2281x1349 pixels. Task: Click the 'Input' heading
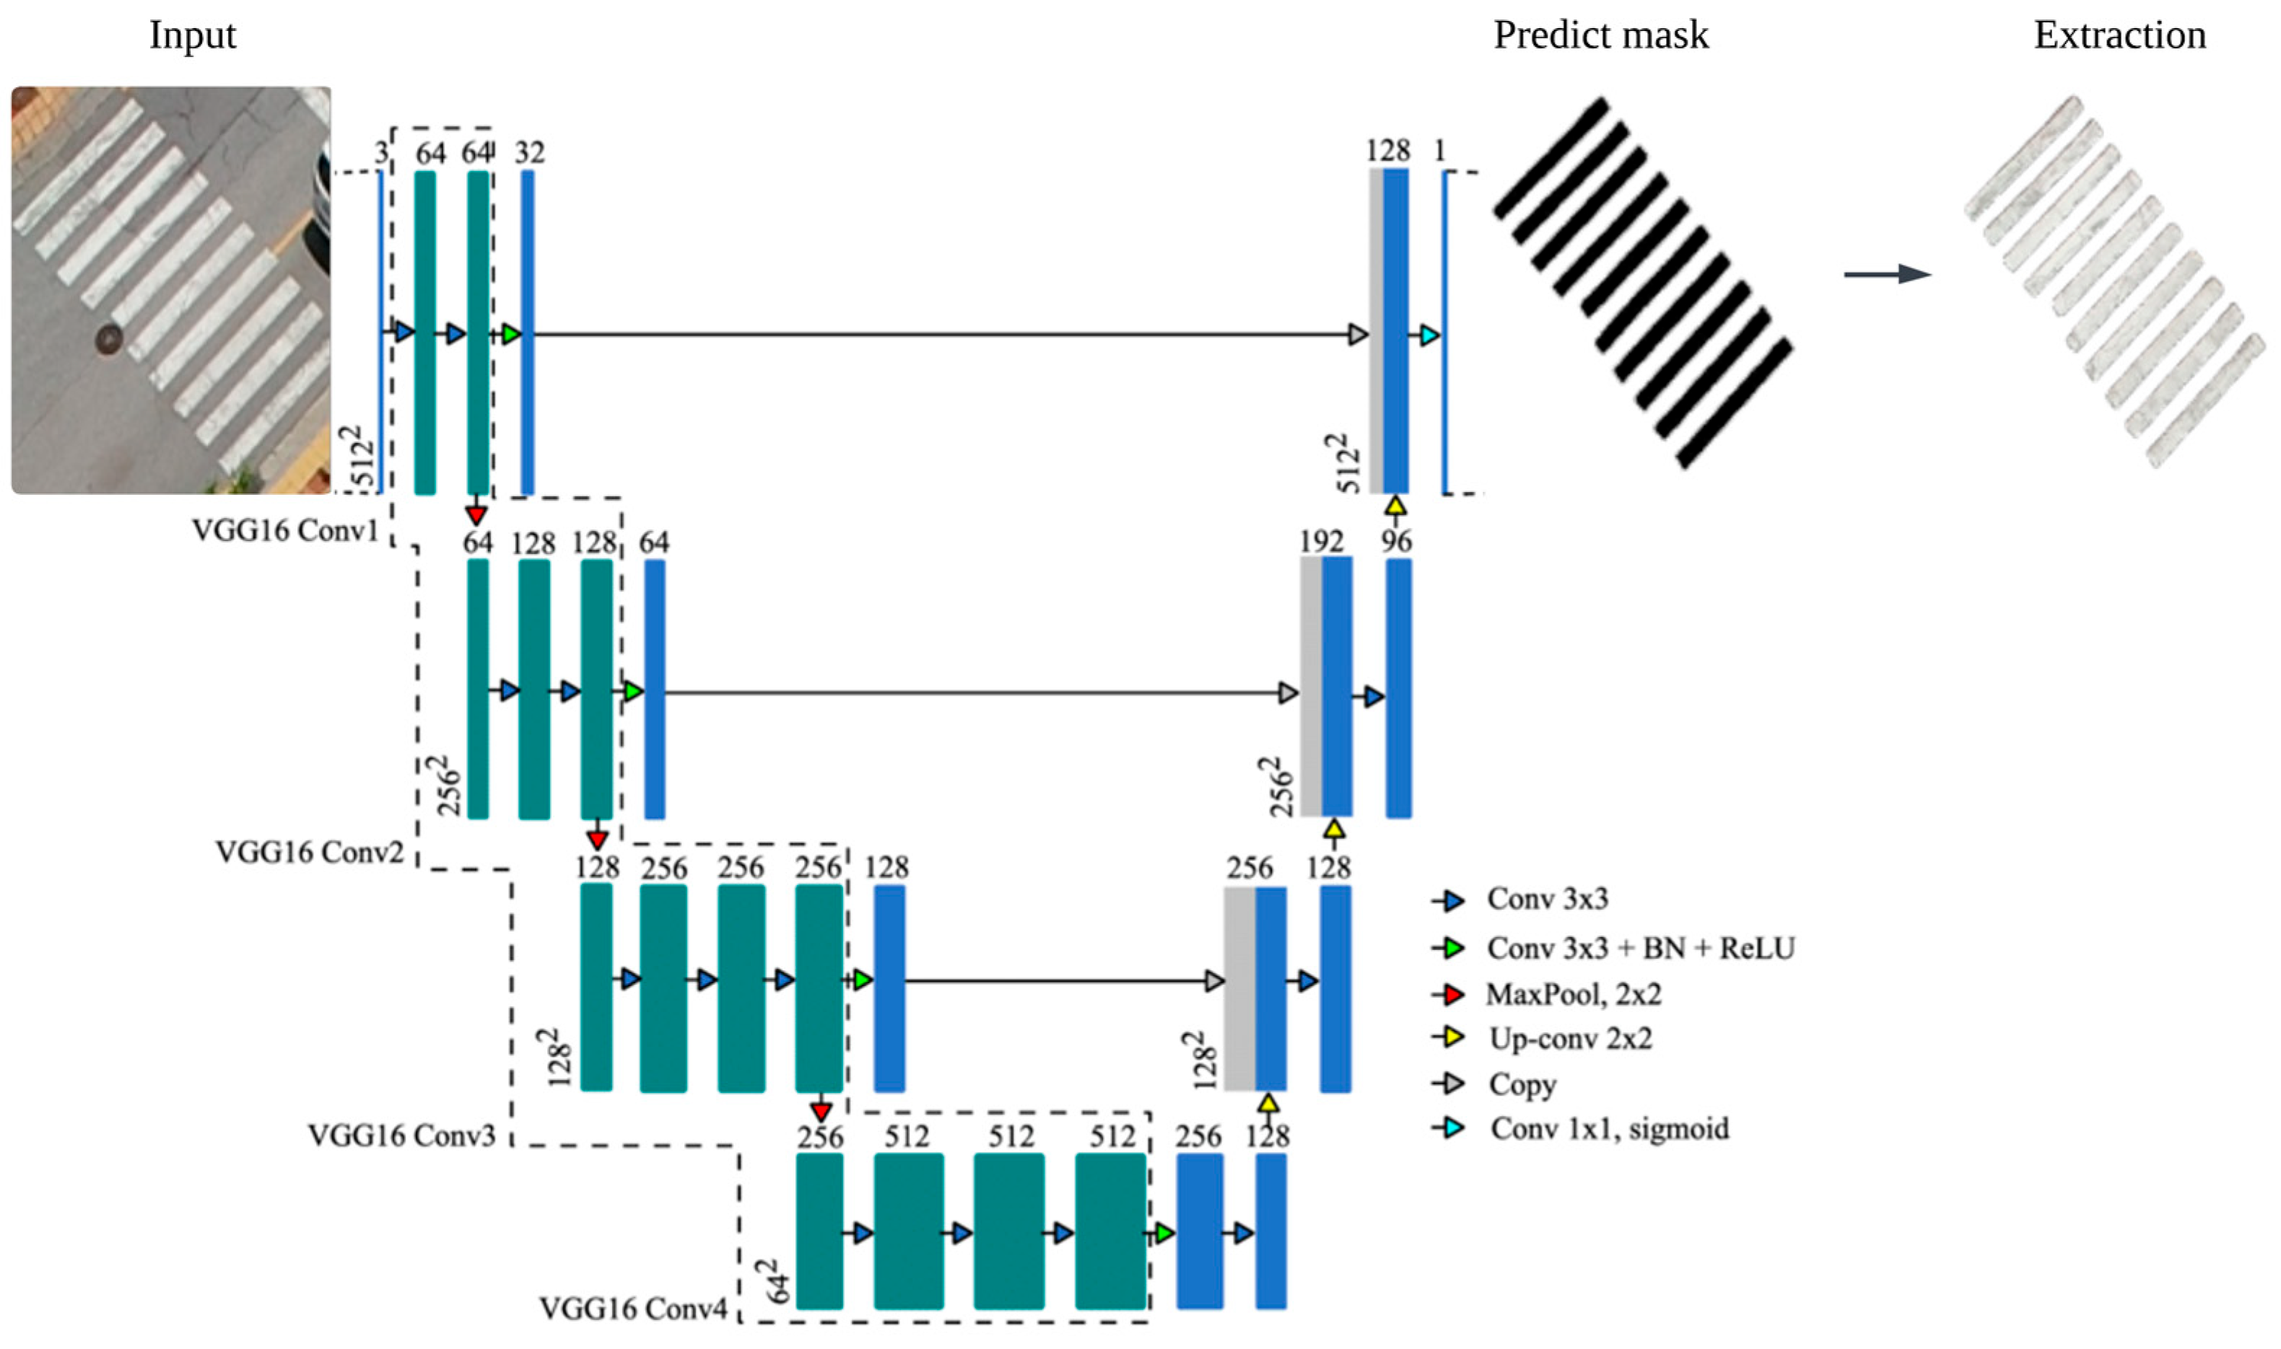192,35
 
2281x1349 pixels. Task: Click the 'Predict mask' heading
1601,35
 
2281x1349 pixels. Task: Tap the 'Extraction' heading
2119,35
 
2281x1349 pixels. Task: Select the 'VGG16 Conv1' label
284,530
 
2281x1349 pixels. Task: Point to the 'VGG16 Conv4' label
633,1308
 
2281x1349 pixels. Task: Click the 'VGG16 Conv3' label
401,1135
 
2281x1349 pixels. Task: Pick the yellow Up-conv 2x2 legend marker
1452,1037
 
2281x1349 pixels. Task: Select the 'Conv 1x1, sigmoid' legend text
1609,1128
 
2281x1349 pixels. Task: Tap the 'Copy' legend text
1522,1084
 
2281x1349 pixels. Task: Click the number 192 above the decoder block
1320,542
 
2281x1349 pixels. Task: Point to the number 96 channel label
1396,542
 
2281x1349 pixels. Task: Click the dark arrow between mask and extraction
1887,273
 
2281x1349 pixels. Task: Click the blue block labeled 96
1398,688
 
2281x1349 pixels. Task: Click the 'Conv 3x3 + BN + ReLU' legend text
1641,948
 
